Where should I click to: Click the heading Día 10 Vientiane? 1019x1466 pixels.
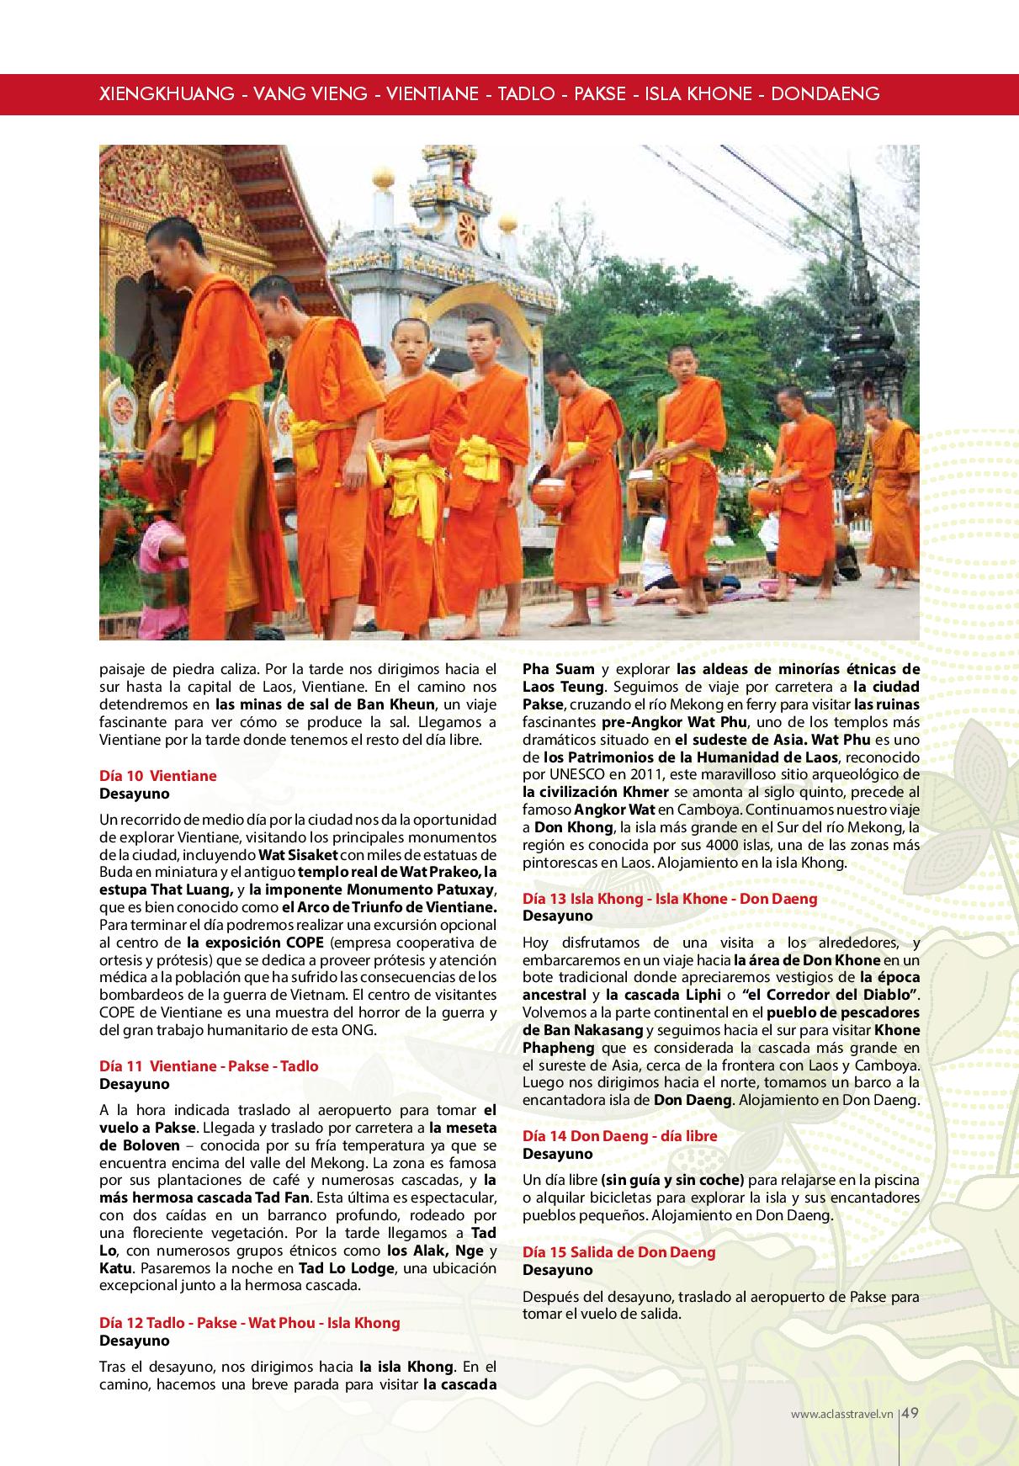point(157,776)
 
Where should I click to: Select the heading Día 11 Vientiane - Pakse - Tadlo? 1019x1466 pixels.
point(209,1066)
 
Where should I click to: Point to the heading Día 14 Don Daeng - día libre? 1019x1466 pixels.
point(620,1136)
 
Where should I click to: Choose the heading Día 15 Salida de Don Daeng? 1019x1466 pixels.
point(618,1252)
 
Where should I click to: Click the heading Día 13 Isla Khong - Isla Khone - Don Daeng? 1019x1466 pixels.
point(670,899)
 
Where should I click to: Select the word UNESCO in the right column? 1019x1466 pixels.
point(568,774)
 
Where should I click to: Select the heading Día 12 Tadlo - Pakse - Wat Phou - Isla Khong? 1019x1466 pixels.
point(249,1323)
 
